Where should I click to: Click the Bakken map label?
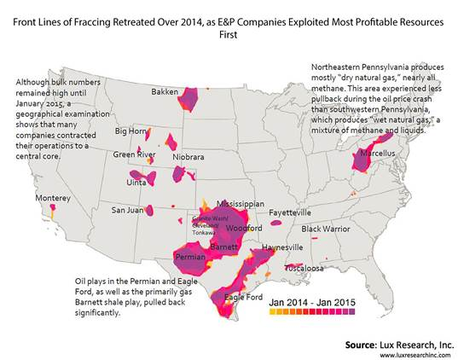pos(165,91)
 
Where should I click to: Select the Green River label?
pos(134,154)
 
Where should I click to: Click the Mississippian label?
pos(238,206)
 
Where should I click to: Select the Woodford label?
pos(245,229)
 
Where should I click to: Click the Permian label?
pos(189,256)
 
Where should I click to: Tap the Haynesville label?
pos(282,247)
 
